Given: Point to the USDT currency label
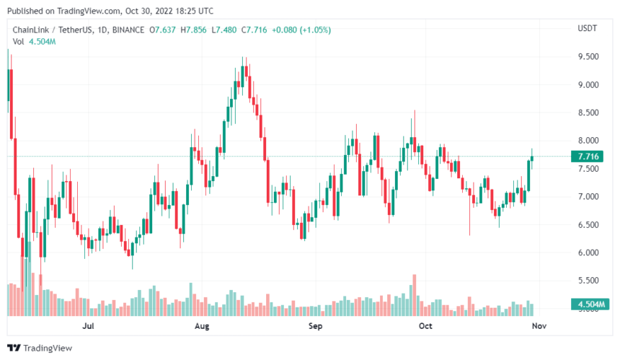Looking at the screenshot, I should click(588, 29).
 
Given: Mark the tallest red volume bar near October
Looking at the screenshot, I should click(415, 294).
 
